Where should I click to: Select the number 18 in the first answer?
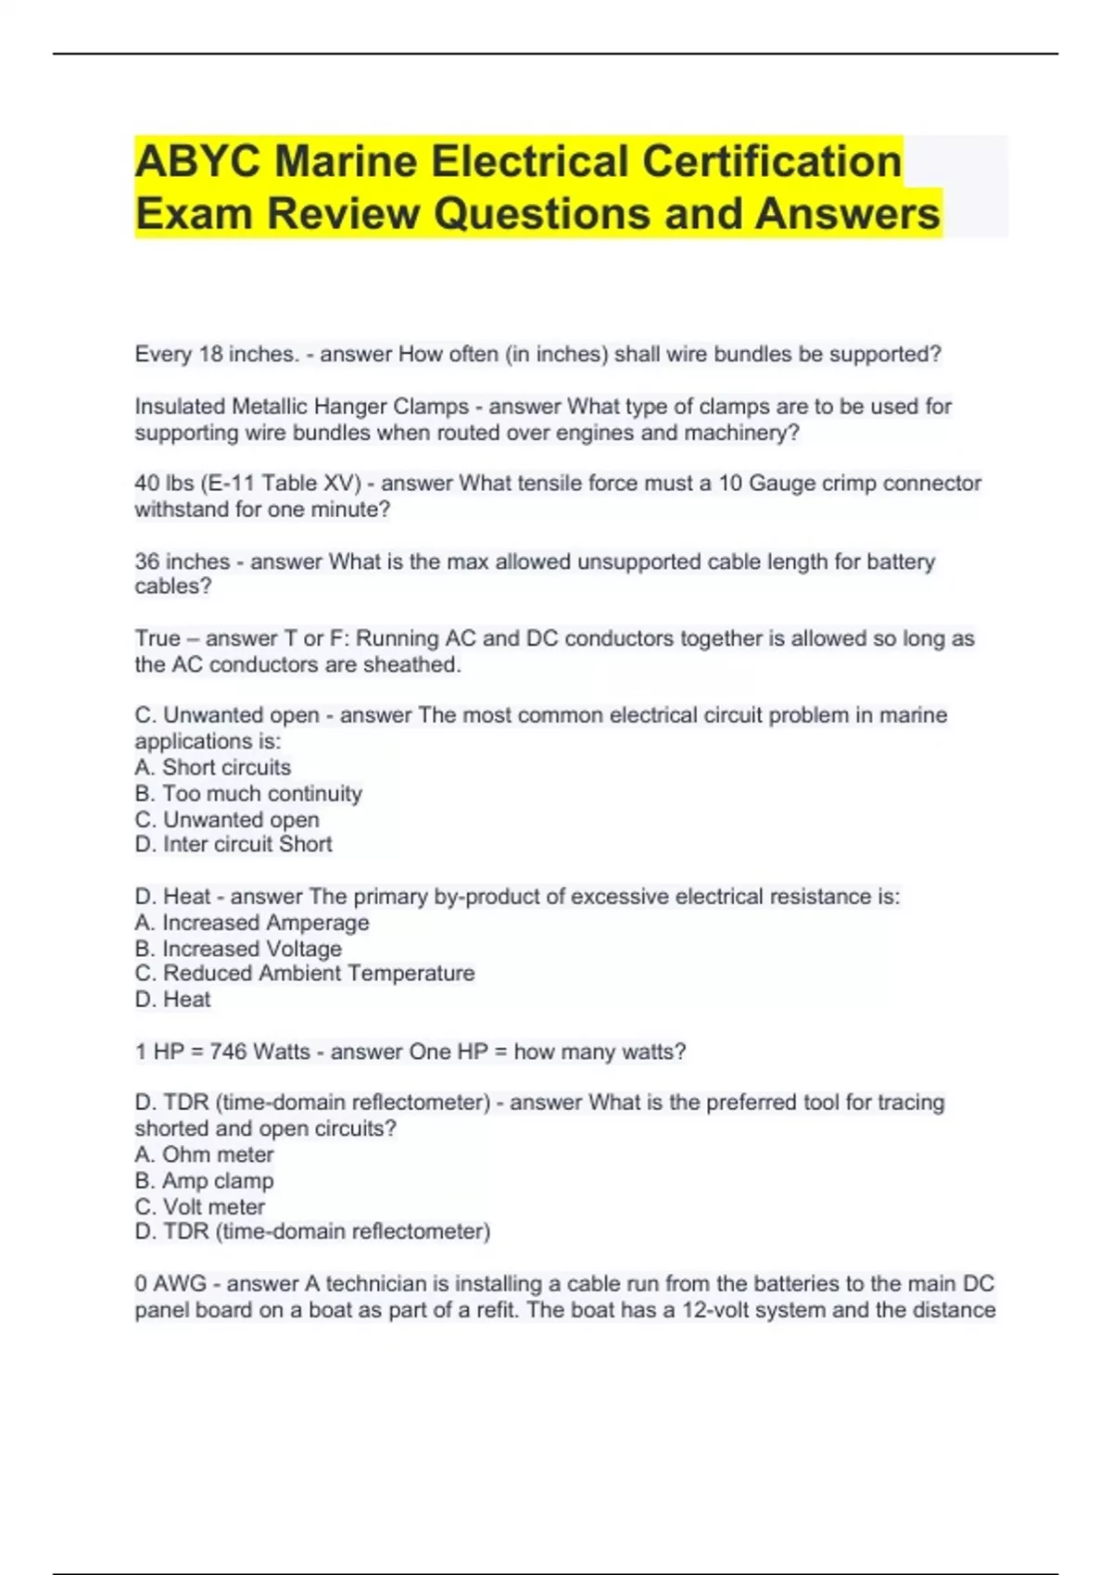point(211,354)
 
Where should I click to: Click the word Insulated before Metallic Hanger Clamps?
point(180,406)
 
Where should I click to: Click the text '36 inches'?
point(183,561)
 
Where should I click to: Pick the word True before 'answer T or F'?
point(158,638)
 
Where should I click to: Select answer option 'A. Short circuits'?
point(213,767)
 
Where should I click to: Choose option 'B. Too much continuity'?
point(248,793)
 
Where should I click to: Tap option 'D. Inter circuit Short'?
point(234,844)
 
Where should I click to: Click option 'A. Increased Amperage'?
point(252,923)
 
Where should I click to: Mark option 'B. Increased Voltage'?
point(238,949)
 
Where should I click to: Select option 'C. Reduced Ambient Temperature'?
point(305,973)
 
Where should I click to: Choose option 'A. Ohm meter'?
point(205,1154)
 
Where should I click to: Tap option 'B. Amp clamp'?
point(205,1180)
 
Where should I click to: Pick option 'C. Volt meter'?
point(200,1206)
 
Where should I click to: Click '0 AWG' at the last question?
point(171,1283)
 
